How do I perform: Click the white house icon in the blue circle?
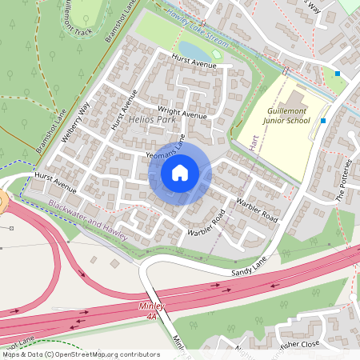[x=180, y=173]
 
